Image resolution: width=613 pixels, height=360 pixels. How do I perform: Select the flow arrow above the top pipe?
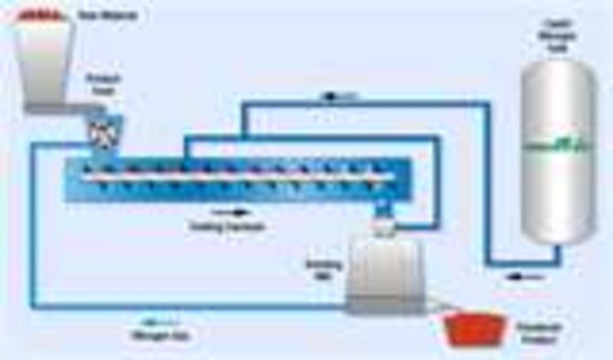336,96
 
